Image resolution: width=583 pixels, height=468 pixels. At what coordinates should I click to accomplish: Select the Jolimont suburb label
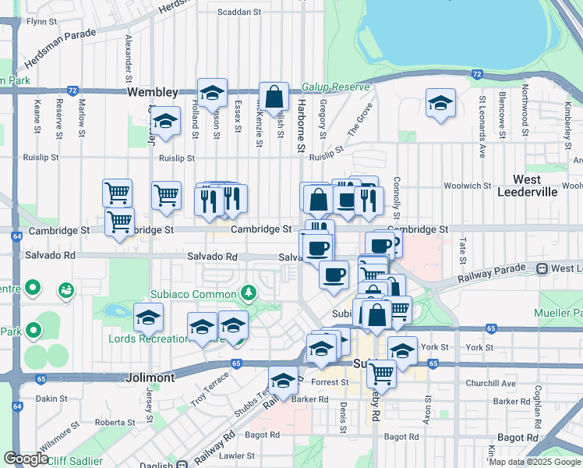150,377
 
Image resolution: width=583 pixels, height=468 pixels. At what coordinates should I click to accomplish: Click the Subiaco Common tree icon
249,293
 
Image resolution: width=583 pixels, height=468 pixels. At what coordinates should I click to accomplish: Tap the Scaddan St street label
238,12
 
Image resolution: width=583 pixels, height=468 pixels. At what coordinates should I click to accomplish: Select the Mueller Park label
559,313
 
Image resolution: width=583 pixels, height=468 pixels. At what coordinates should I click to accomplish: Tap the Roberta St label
115,422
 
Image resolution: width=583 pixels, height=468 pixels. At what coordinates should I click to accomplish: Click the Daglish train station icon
181,464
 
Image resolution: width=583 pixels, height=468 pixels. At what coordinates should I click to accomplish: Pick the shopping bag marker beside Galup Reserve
274,97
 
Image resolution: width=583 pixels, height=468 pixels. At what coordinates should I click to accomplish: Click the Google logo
26,459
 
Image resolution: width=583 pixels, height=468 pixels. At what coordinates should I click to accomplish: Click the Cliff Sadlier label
75,461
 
